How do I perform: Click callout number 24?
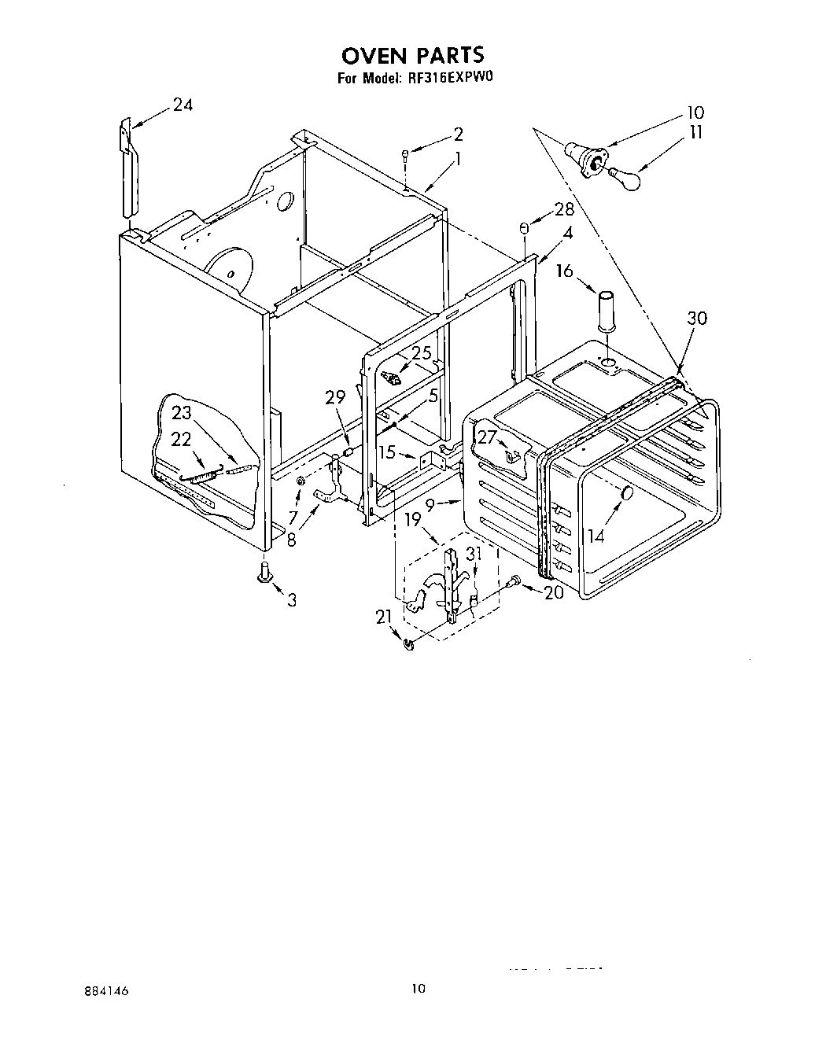tap(183, 105)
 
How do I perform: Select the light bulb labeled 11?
tap(627, 179)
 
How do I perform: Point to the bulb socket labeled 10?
tap(586, 155)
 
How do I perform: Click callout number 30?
tap(696, 318)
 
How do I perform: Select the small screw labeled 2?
tap(404, 155)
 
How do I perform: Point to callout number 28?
tap(563, 209)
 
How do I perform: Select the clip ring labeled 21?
tap(407, 645)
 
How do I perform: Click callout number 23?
tap(182, 412)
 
